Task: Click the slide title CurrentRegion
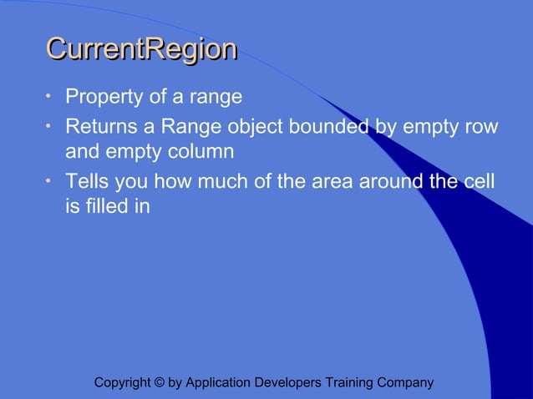(x=141, y=49)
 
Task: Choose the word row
(x=481, y=127)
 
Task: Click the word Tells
(x=89, y=181)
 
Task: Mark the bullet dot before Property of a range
(x=49, y=97)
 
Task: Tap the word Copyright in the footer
(x=122, y=383)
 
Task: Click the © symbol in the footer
(x=159, y=383)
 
